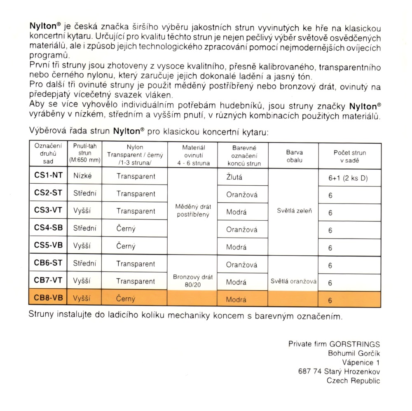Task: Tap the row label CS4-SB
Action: [x=48, y=228]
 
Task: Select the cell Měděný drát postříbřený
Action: [x=193, y=210]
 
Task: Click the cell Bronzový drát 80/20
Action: [x=193, y=280]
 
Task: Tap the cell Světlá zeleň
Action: [x=294, y=211]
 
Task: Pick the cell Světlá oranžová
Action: [x=294, y=282]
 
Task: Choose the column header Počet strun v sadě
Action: [x=349, y=156]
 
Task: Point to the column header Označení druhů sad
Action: [x=48, y=154]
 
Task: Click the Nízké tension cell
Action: [x=82, y=176]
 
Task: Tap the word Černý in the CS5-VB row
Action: [x=126, y=246]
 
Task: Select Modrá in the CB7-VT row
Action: [x=236, y=283]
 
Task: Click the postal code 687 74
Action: [x=309, y=371]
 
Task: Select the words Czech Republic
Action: [x=353, y=381]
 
